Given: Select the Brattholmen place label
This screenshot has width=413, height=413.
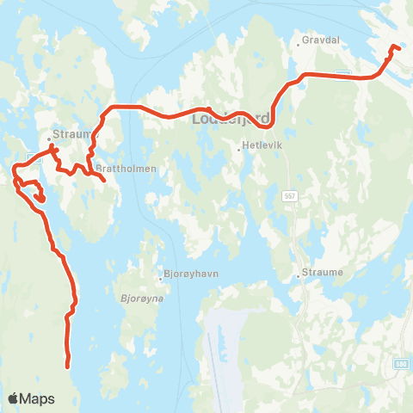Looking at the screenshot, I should tap(126, 169).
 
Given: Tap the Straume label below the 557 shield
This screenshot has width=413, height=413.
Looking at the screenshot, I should tap(323, 274).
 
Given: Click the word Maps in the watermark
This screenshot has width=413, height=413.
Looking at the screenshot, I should tap(38, 398).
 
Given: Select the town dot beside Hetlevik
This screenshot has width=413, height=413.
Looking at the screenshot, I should tap(239, 148).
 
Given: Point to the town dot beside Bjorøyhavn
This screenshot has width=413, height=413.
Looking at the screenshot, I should tap(160, 277).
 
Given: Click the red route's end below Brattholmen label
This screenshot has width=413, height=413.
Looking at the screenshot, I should tap(104, 181).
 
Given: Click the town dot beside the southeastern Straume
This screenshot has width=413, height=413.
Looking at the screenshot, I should tap(298, 275).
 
